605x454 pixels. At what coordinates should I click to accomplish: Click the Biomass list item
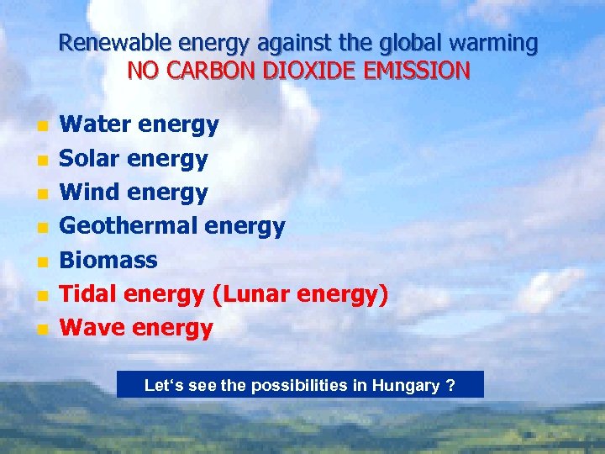108,260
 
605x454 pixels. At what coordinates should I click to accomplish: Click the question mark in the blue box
451,386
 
